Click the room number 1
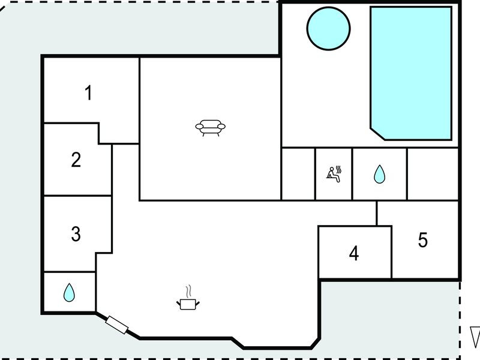pos(88,93)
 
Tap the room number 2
pos(76,160)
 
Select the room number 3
pos(76,234)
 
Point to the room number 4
pos(354,253)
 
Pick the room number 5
pos(423,239)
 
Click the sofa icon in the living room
pos(211,128)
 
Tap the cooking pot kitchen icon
pos(188,304)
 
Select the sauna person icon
pos(333,175)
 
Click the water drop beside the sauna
pos(380,175)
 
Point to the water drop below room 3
pos(69,293)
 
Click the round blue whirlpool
pos(328,28)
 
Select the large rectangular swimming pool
pos(411,73)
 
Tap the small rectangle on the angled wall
pos(116,325)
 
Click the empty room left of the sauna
pos(298,174)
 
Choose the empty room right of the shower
pos(433,174)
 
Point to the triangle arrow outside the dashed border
pos(476,337)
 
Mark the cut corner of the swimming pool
pos(378,134)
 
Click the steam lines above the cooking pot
pos(189,292)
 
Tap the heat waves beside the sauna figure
pos(338,170)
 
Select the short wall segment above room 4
pos(377,214)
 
